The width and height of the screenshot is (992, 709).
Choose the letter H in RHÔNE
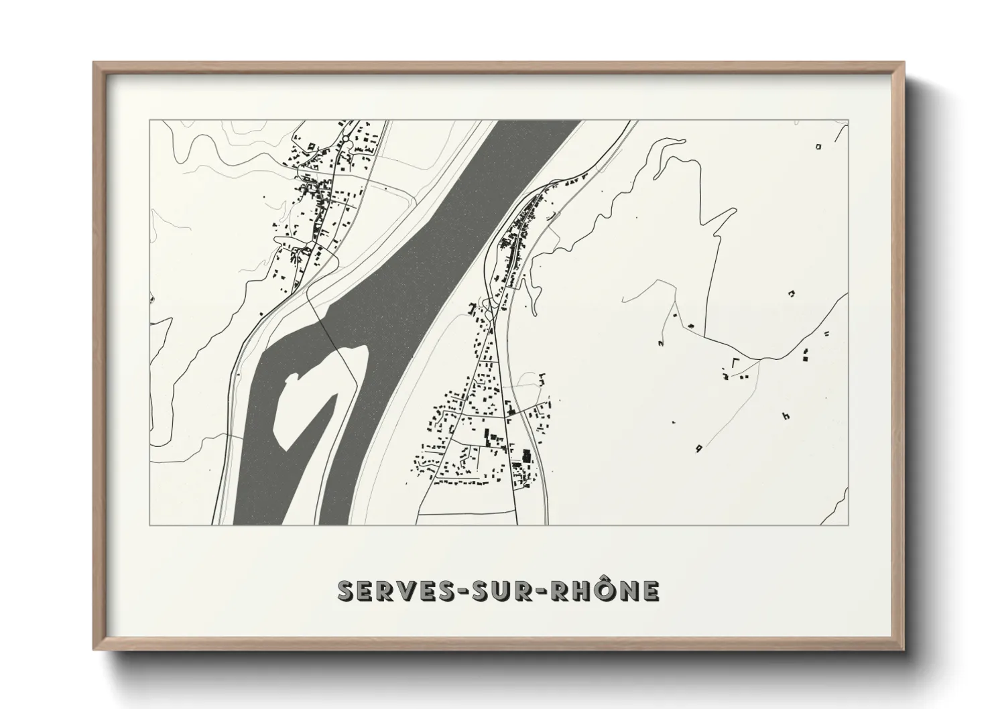[x=580, y=591]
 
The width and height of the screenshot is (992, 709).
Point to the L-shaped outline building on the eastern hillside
[x=736, y=363]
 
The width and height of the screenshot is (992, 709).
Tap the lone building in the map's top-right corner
[x=818, y=146]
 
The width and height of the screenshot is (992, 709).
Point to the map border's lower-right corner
[x=848, y=525]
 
